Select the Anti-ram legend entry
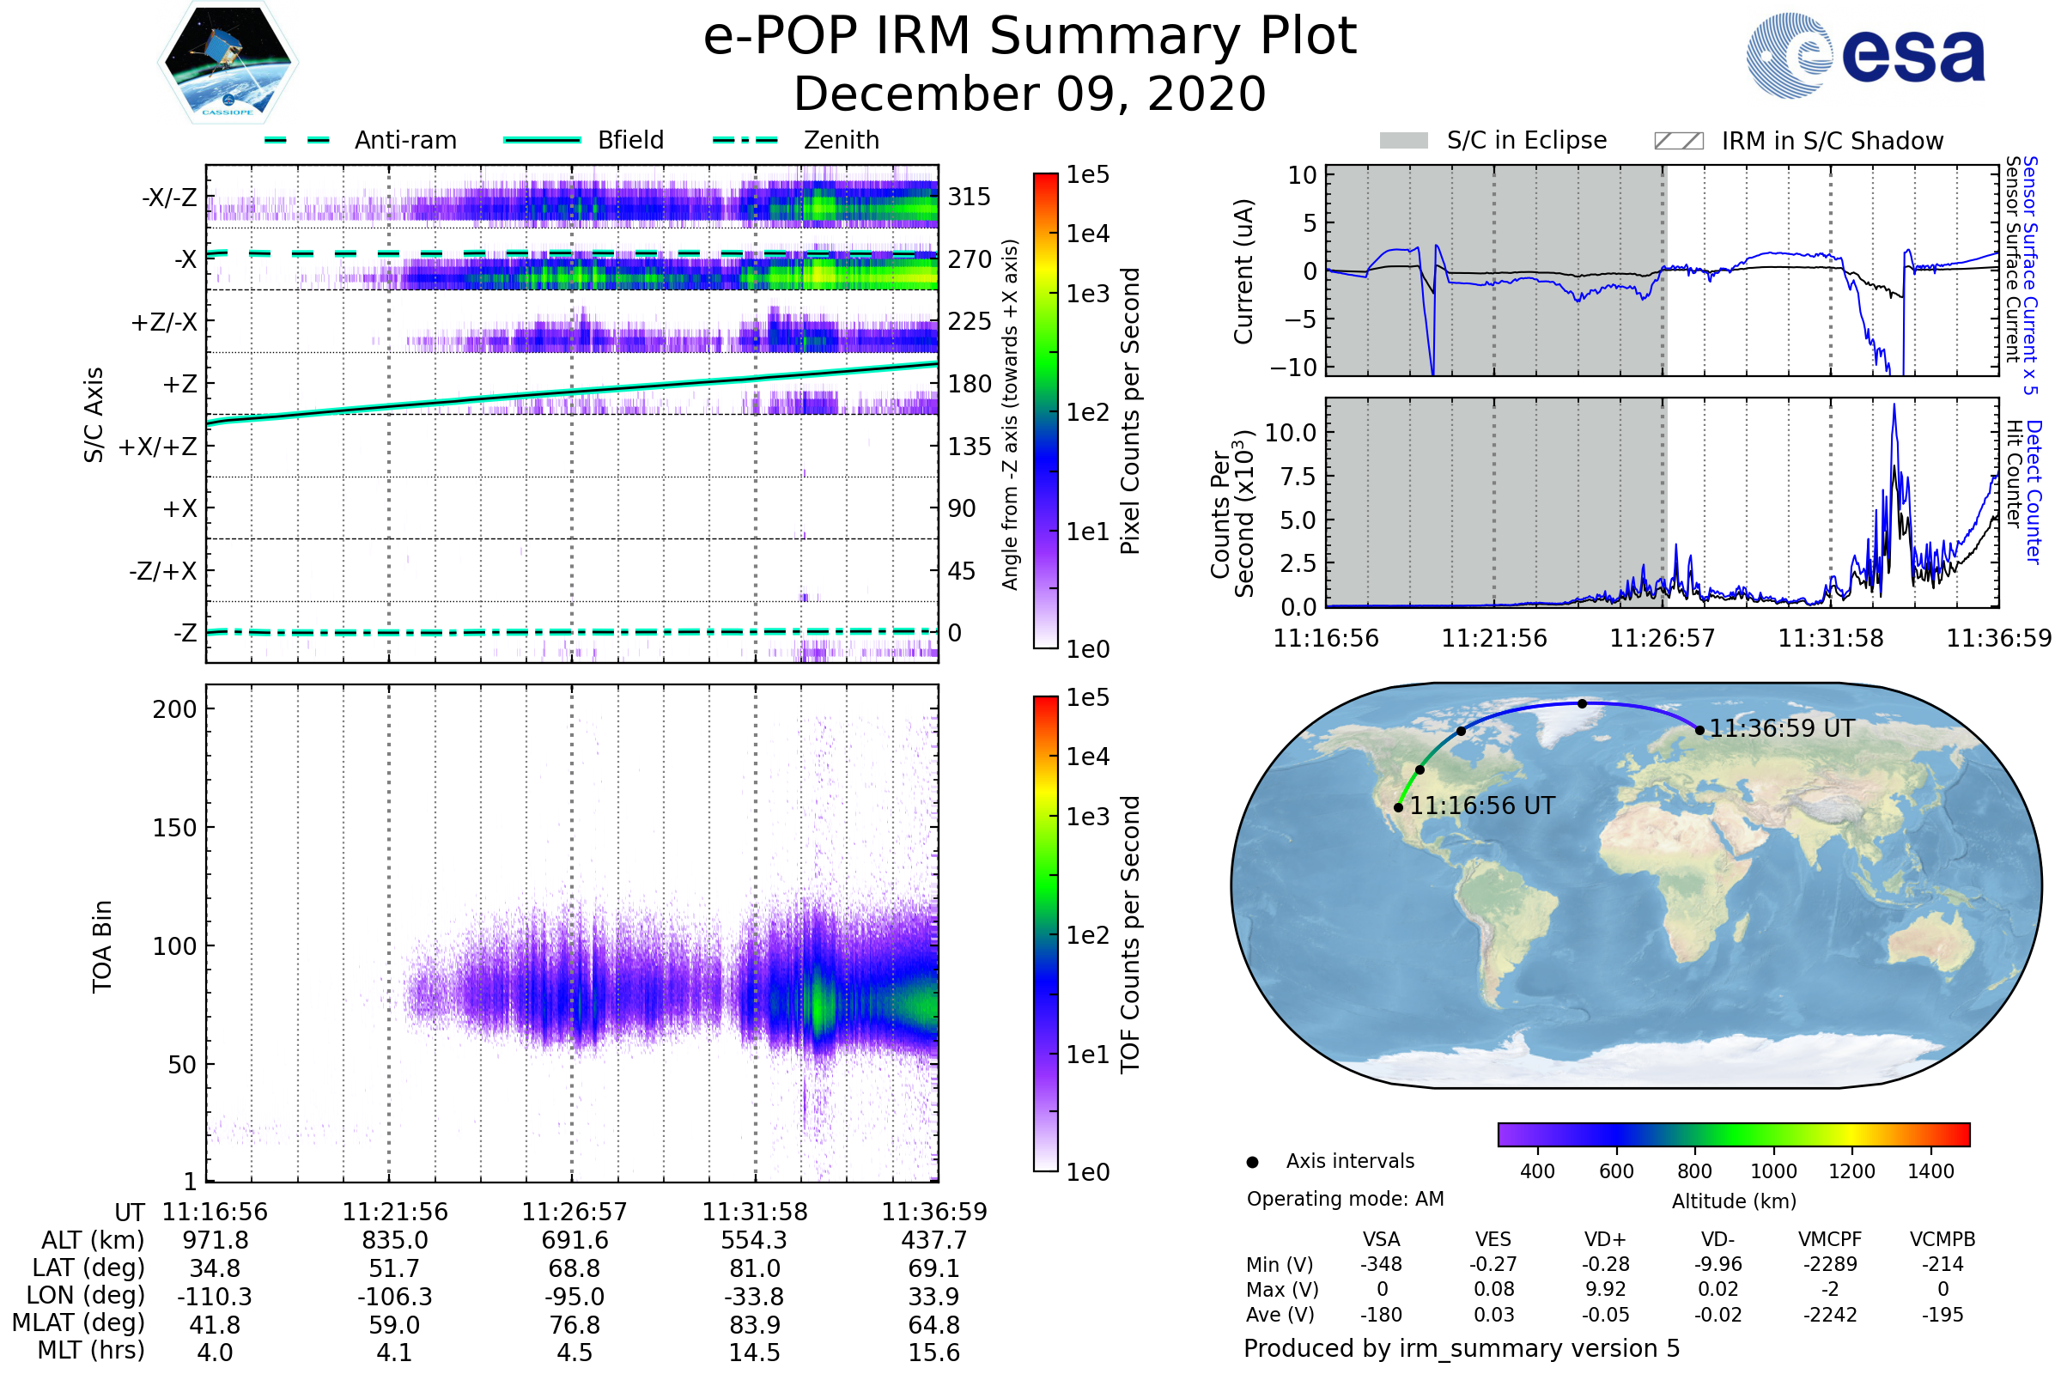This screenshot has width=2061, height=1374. (404, 140)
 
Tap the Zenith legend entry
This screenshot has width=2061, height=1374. (841, 140)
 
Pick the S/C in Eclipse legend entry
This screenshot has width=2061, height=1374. (1526, 140)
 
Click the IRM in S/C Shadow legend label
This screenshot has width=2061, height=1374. (1832, 141)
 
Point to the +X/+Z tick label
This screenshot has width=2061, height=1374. (158, 447)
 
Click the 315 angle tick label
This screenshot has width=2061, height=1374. (970, 197)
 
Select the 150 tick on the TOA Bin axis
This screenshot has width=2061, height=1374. (174, 828)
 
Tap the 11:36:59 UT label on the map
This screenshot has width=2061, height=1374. (1781, 729)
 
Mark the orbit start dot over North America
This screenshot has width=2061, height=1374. (1399, 808)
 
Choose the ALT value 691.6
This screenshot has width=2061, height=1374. (575, 1241)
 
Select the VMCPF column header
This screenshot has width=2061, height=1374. (1830, 1240)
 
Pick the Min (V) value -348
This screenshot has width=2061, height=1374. (1381, 1264)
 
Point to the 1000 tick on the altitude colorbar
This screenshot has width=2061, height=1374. (1773, 1172)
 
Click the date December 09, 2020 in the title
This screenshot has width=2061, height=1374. (1030, 94)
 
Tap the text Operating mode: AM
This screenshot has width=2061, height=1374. (1345, 1199)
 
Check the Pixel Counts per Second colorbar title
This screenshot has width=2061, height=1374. (1130, 411)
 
